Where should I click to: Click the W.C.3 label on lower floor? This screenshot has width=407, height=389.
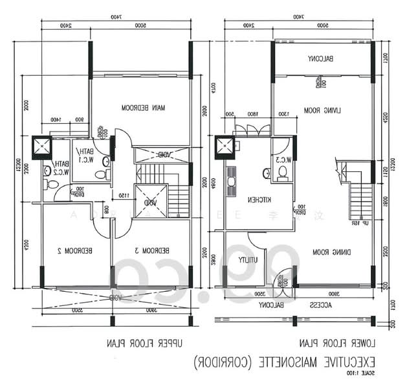click(283, 159)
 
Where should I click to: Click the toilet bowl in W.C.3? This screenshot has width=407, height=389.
click(281, 172)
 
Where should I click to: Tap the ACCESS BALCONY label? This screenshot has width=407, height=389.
click(297, 305)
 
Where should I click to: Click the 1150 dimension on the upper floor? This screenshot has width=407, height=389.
click(122, 194)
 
